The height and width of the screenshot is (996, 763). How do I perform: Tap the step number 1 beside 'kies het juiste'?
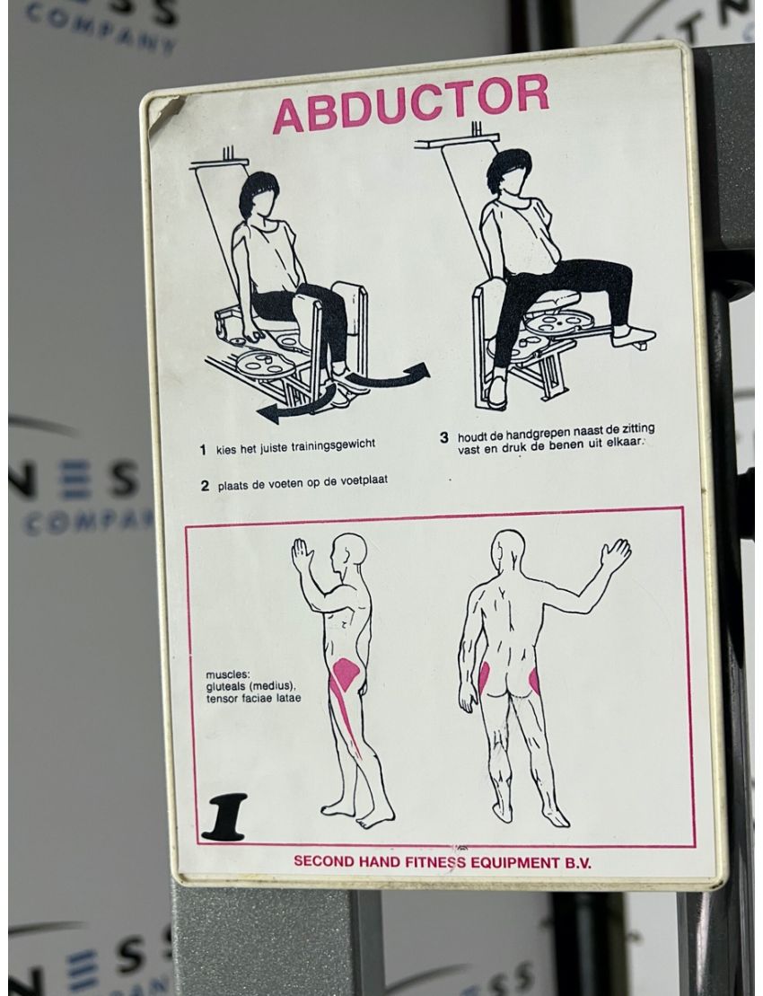pos(203,446)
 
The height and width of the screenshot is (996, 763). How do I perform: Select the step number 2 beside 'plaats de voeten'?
pos(205,486)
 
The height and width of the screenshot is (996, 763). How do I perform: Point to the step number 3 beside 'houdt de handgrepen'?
pos(443,437)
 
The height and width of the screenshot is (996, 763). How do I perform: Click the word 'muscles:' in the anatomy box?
pos(224,674)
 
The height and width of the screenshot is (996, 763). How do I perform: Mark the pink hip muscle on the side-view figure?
pos(344,674)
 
